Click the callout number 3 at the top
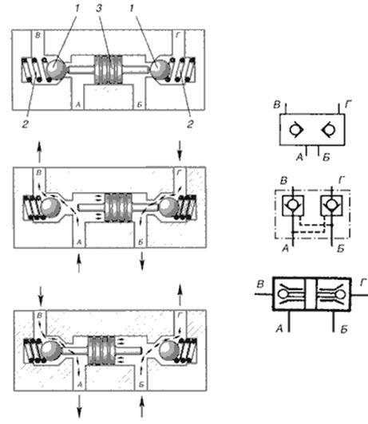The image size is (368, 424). (x=99, y=9)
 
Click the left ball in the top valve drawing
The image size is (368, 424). (x=56, y=69)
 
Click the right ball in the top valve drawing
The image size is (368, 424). (x=160, y=69)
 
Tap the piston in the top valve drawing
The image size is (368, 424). (x=108, y=69)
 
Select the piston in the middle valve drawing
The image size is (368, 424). (x=119, y=207)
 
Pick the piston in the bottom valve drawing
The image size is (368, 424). (x=101, y=351)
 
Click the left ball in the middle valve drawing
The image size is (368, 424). (x=50, y=207)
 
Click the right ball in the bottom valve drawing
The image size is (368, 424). (x=168, y=351)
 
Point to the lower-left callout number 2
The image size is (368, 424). (x=26, y=124)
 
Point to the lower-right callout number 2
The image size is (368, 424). (x=190, y=124)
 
